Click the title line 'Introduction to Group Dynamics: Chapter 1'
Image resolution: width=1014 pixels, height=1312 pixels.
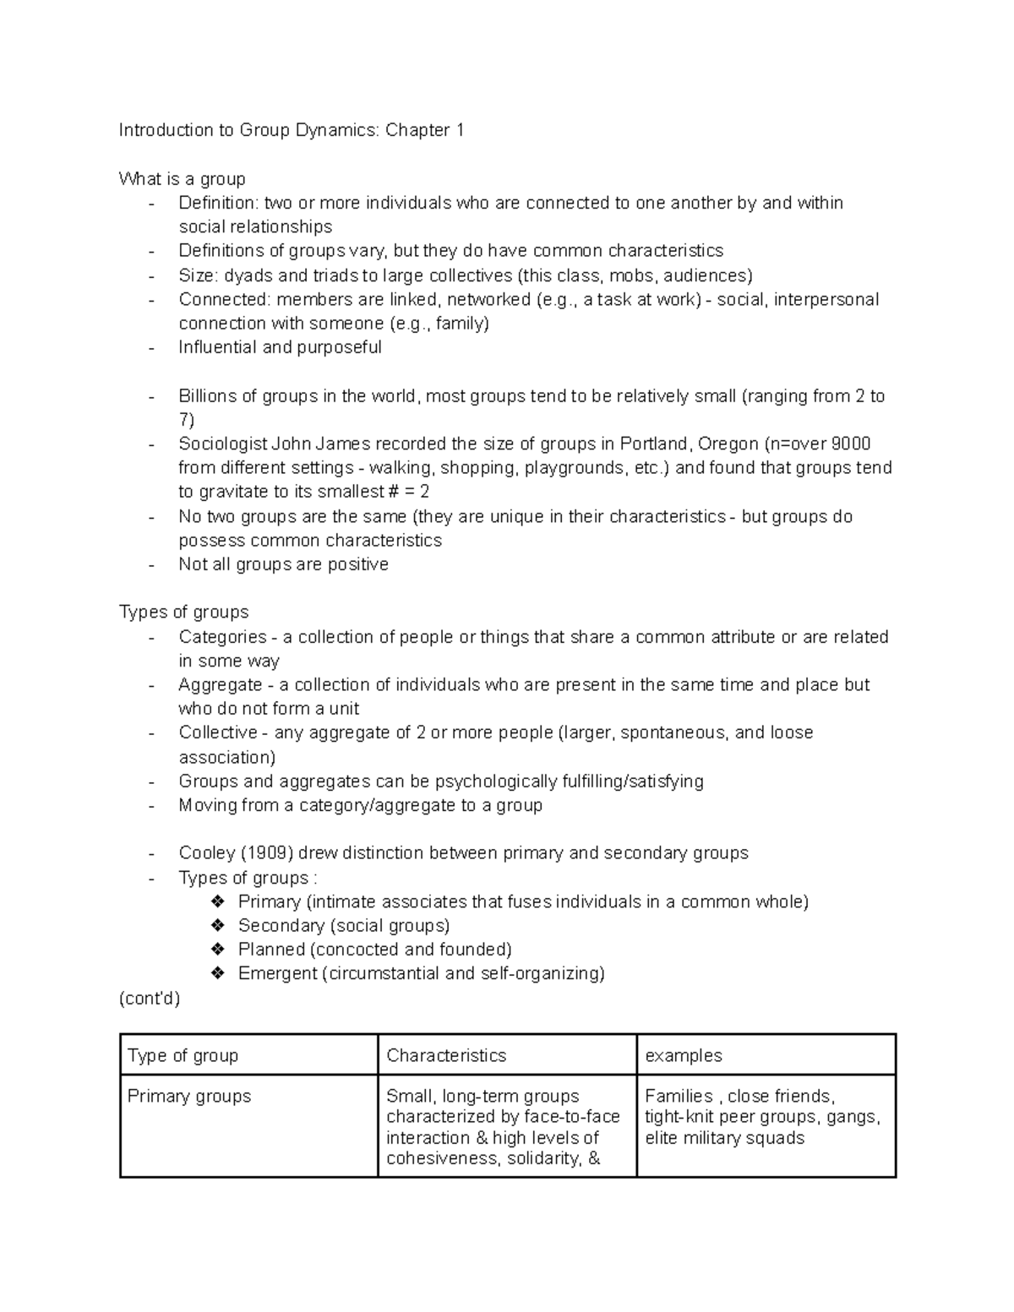pyautogui.click(x=292, y=130)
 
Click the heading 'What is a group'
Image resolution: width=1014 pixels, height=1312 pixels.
pyautogui.click(x=182, y=179)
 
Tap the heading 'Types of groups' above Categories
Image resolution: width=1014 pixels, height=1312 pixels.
pyautogui.click(x=183, y=612)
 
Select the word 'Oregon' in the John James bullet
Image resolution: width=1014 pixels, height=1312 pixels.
pyautogui.click(x=728, y=444)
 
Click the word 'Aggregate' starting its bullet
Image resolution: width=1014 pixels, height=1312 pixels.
pyautogui.click(x=220, y=685)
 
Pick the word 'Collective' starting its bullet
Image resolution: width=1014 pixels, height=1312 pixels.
pyautogui.click(x=218, y=732)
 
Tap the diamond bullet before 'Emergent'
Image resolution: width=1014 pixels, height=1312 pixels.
pyautogui.click(x=218, y=973)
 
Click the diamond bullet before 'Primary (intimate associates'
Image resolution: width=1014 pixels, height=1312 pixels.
pyautogui.click(x=218, y=901)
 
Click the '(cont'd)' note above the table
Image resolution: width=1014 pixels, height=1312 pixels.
pyautogui.click(x=150, y=999)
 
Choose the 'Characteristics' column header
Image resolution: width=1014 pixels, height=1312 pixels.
pyautogui.click(x=446, y=1055)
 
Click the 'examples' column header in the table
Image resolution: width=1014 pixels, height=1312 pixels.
pyautogui.click(x=684, y=1055)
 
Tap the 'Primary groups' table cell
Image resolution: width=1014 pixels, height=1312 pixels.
pyautogui.click(x=189, y=1097)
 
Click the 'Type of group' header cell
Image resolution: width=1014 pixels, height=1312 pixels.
pyautogui.click(x=183, y=1055)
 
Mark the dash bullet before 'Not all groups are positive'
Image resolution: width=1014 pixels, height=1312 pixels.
pyautogui.click(x=151, y=565)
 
